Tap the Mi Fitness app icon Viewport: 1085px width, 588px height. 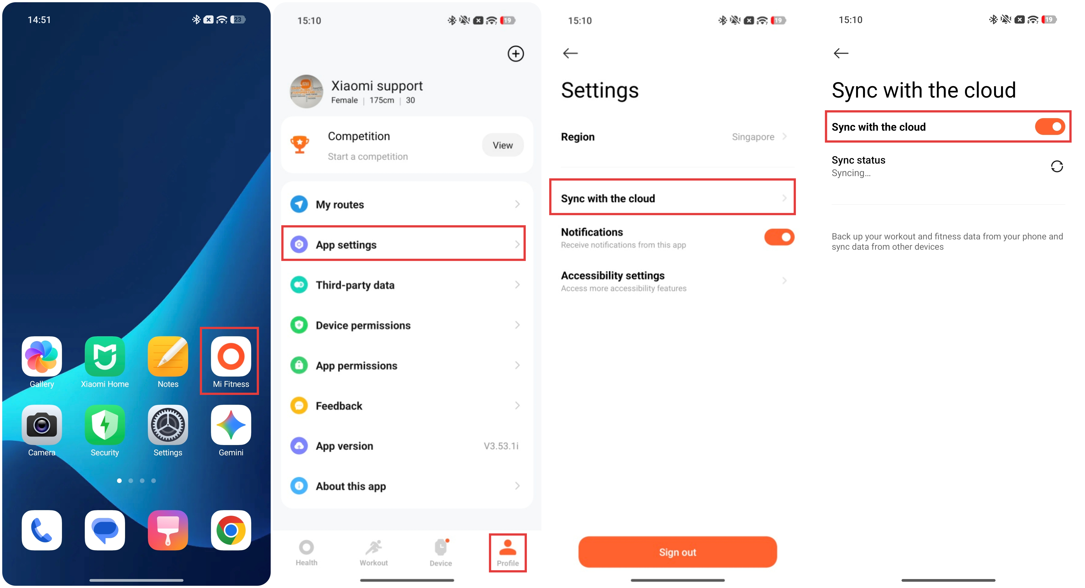(231, 356)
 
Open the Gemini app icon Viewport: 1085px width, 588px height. (231, 425)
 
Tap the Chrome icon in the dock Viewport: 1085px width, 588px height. (231, 530)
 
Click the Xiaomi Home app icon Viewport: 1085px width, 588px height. (105, 356)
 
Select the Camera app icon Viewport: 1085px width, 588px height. (42, 425)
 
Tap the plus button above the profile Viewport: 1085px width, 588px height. (516, 53)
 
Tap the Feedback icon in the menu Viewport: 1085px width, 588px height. (299, 406)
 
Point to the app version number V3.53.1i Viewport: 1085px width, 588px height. (501, 446)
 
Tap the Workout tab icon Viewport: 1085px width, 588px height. (374, 548)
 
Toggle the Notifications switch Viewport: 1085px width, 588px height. (779, 237)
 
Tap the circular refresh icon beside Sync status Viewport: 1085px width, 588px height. (1057, 166)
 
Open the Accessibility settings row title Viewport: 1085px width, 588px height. (613, 275)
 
